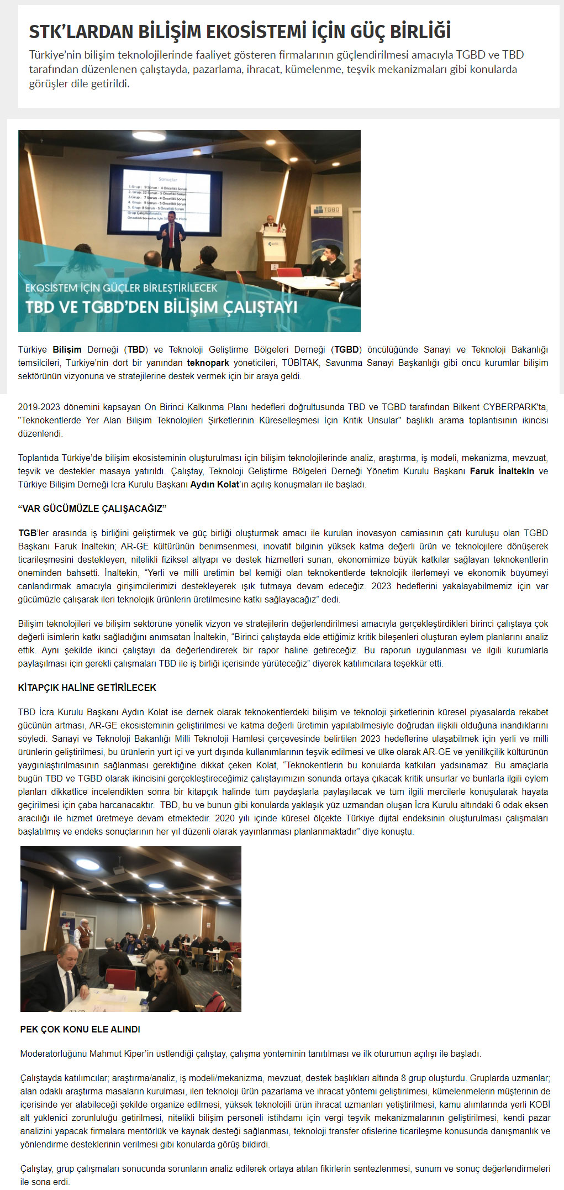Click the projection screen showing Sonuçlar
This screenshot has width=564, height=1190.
click(x=166, y=202)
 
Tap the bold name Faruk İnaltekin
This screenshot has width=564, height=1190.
click(x=502, y=471)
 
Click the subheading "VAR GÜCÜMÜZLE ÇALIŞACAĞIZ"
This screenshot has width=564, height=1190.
click(x=92, y=508)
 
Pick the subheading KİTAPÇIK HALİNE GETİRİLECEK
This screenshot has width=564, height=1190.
click(x=87, y=688)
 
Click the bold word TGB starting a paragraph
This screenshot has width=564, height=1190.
click(x=27, y=533)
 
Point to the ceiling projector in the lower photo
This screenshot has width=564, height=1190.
click(x=119, y=871)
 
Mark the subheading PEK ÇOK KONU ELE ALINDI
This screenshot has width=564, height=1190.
click(x=80, y=1029)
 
